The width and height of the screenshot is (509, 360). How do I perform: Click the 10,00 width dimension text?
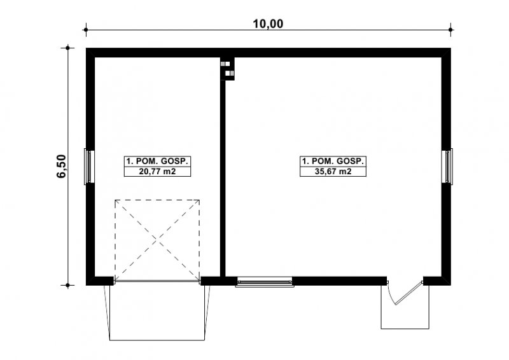[x=268, y=24]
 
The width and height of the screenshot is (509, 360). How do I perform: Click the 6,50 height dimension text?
[x=61, y=166]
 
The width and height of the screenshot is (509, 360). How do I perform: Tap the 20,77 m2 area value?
[x=157, y=171]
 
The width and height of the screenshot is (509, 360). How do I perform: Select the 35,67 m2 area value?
[x=333, y=171]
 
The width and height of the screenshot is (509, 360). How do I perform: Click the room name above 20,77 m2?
[x=157, y=161]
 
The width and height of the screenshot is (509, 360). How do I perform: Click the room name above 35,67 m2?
[x=333, y=161]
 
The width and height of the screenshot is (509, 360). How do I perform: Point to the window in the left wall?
[x=89, y=166]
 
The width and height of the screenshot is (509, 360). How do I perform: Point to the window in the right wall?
[x=447, y=166]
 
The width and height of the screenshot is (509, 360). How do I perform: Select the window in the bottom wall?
[x=265, y=281]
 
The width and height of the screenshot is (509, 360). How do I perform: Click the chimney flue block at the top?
[x=228, y=69]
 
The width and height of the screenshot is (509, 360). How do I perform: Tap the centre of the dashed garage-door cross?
[x=157, y=240]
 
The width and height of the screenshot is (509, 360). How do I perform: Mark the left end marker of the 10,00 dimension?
[x=86, y=30]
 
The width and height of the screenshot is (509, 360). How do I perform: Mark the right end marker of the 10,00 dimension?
[x=450, y=30]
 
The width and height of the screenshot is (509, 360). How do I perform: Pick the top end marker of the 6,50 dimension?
[x=68, y=48]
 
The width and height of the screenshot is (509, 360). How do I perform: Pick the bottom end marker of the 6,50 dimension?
[x=68, y=286]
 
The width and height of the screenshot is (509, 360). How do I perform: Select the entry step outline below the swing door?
[x=405, y=328]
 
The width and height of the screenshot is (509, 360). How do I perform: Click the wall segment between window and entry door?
[x=340, y=280]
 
